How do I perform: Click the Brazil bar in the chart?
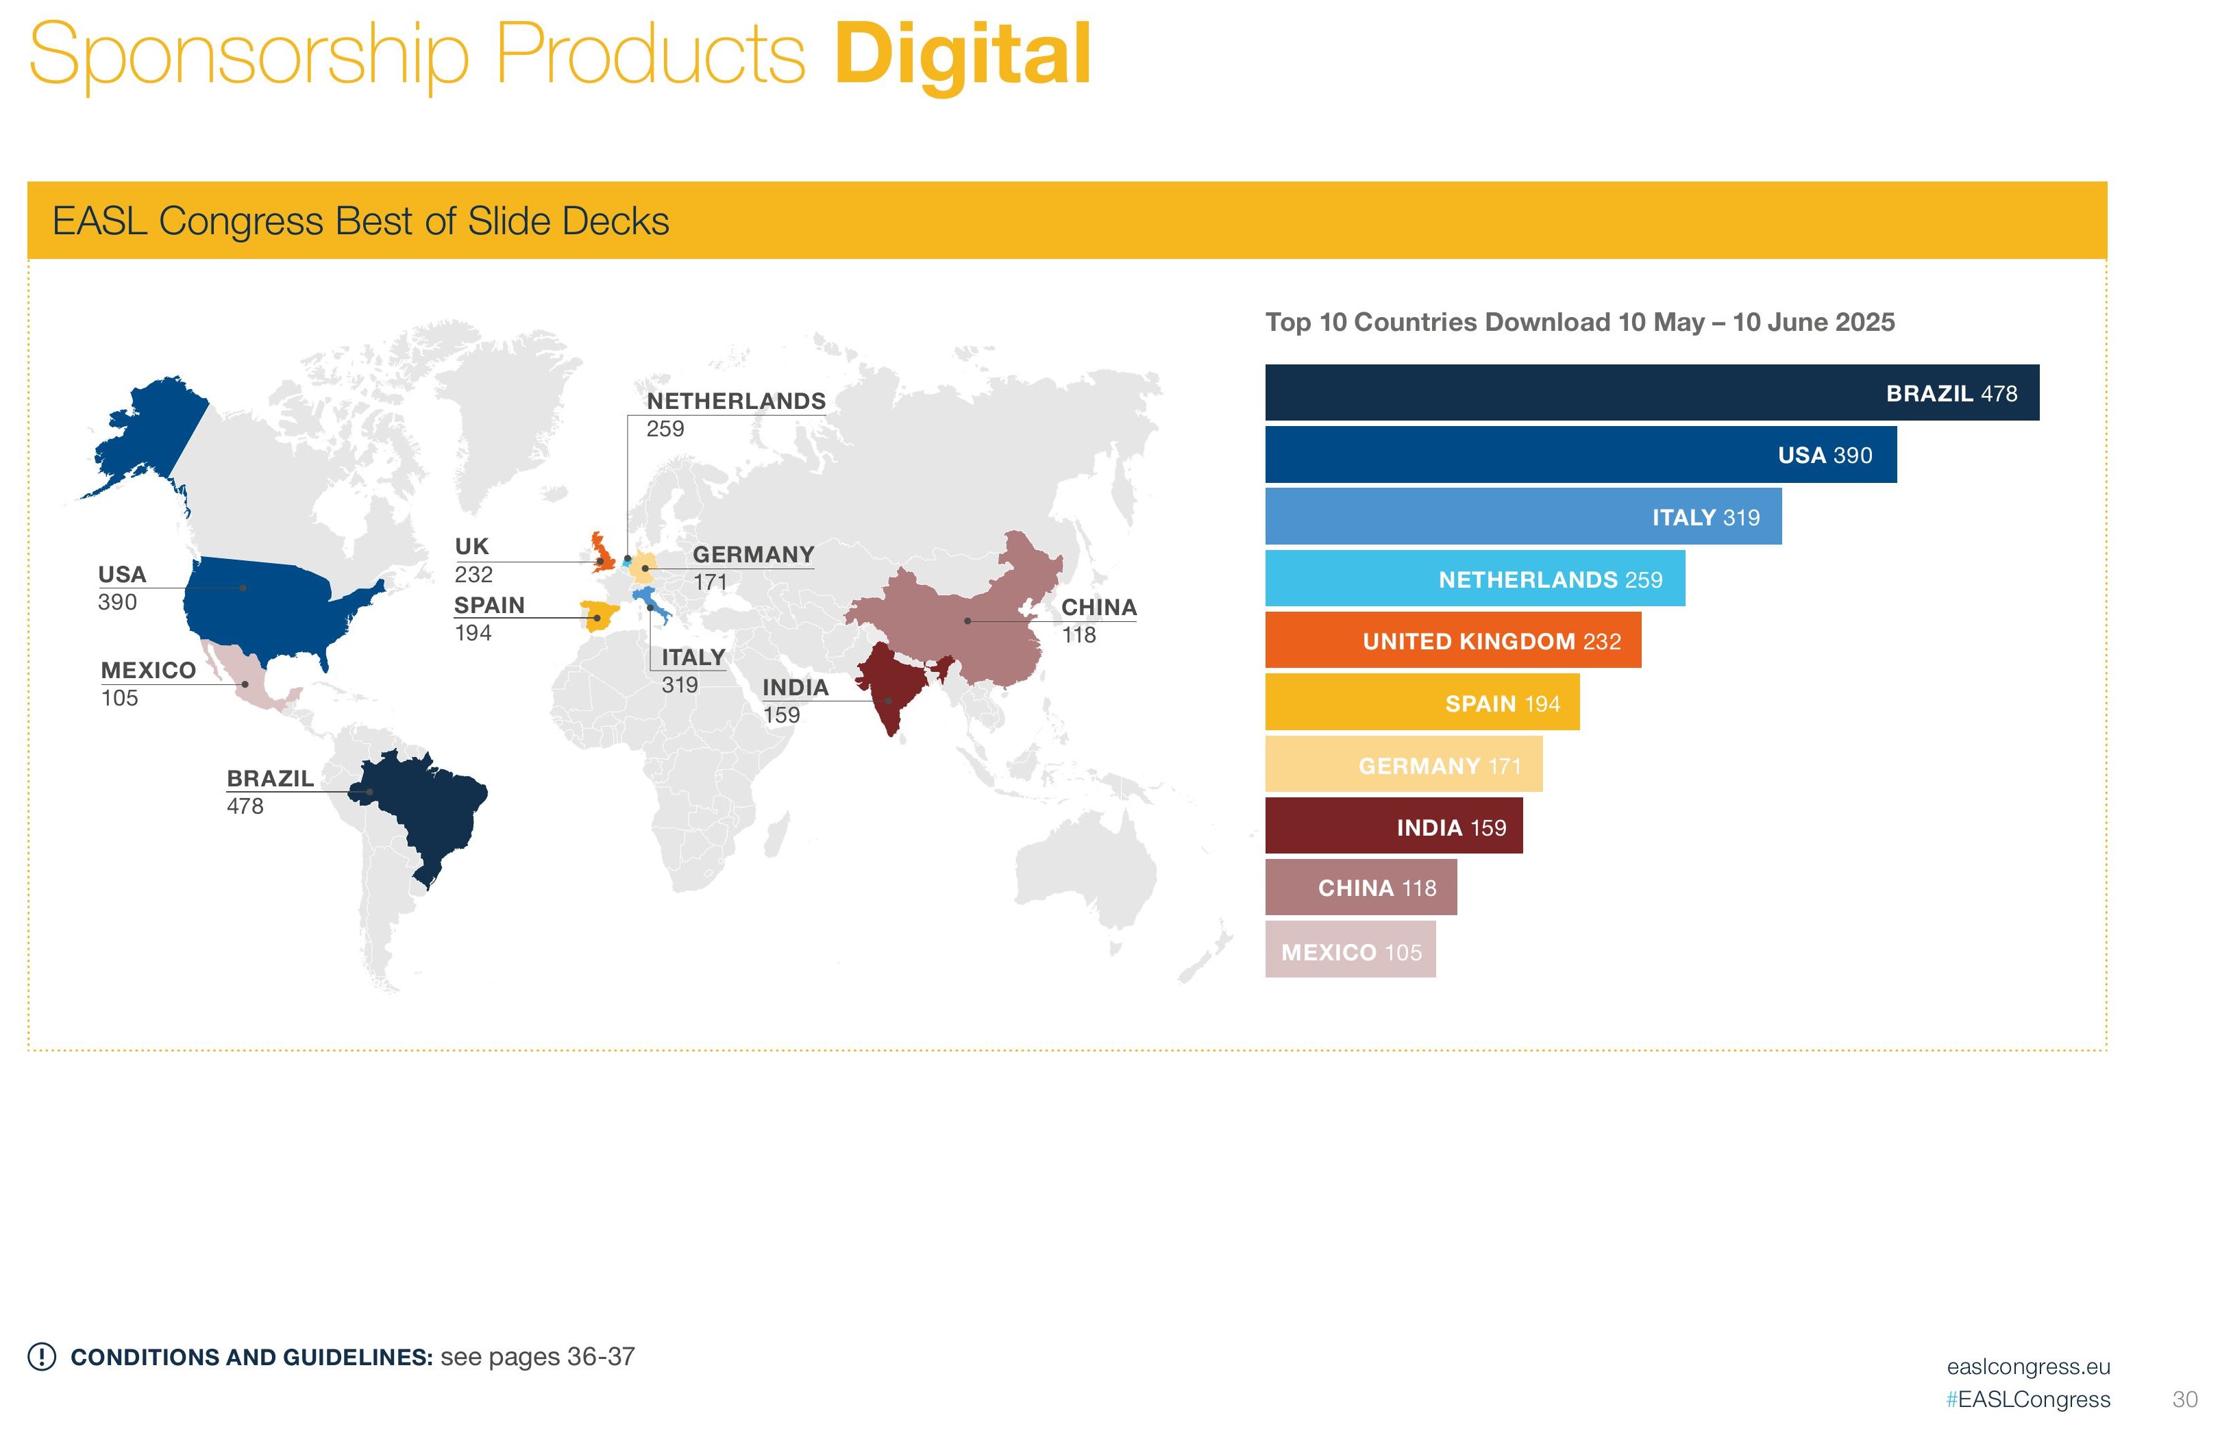(1651, 392)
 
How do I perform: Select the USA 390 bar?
(1579, 455)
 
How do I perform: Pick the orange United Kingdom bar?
(1452, 640)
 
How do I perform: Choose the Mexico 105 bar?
(1350, 950)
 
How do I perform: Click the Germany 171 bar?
(1403, 765)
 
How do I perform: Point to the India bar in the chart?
(1392, 826)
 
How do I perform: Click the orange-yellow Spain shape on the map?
(599, 616)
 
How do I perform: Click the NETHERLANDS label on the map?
(735, 401)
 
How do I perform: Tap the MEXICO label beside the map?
(148, 670)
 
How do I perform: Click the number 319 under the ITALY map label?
(680, 685)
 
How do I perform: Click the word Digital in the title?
(961, 56)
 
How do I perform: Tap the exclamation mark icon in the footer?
(42, 1357)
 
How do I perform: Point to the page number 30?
(2184, 1399)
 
